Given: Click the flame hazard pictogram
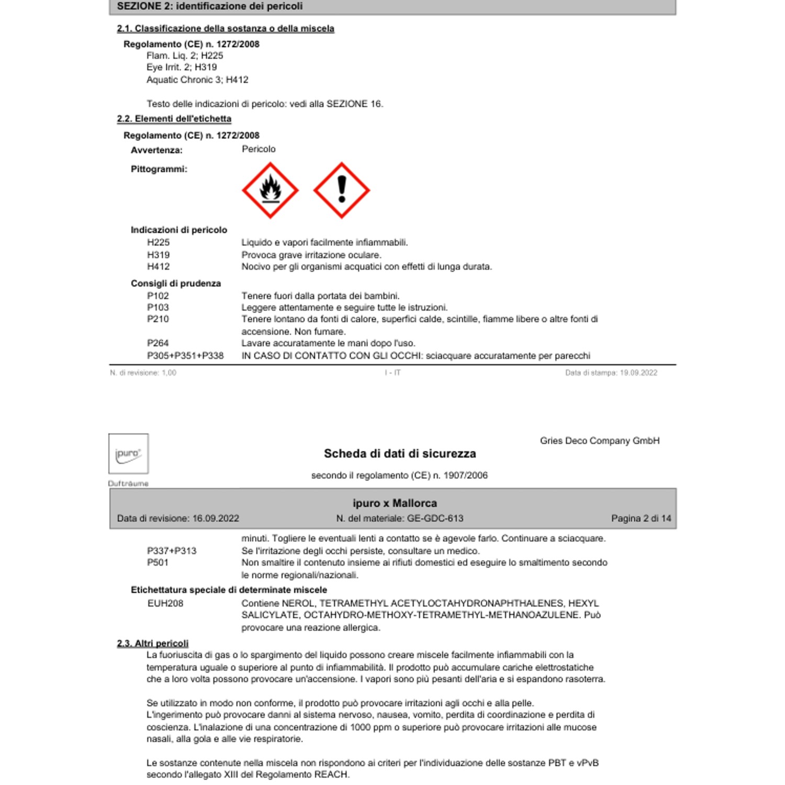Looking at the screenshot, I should pos(270,190).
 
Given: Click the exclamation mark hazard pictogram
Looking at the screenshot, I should pos(342,190).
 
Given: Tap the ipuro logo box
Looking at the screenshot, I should pos(128,454).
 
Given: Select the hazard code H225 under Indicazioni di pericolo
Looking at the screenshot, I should pos(158,242).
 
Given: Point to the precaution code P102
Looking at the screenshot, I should pos(158,296).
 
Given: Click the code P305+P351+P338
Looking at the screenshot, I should pos(185,356).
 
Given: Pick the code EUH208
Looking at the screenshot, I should pos(165,603).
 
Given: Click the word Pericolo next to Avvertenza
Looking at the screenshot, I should pos(259,149).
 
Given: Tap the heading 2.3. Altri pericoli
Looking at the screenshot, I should pos(152,643).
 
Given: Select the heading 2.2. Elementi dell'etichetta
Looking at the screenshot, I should pos(174,119).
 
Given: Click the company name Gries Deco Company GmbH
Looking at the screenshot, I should pos(600,441).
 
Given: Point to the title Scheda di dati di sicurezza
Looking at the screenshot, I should pos(400,454).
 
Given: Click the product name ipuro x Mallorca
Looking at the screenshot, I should pos(395,503).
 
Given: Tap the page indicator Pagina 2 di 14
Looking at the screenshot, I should pos(641,518).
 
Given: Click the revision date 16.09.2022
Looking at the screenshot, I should pos(216,518).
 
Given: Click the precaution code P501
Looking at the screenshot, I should pos(158,563).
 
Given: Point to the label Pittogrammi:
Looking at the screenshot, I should pos(159,169).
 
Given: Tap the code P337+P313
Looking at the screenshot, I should pos(172,551).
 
